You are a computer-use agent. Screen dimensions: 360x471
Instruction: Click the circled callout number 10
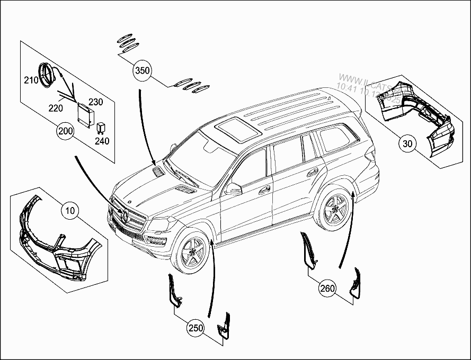[x=69, y=211]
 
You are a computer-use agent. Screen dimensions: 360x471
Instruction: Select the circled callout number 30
[x=407, y=142]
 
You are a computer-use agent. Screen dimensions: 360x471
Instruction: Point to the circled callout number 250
[x=195, y=328]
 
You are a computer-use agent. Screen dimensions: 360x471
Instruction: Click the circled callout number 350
[x=143, y=70]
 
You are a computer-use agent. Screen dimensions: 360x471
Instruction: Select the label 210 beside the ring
[x=31, y=80]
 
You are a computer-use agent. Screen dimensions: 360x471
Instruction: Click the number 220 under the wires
[x=56, y=108]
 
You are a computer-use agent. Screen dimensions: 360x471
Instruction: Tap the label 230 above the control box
[x=96, y=102]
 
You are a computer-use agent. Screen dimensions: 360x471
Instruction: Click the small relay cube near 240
[x=100, y=127]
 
